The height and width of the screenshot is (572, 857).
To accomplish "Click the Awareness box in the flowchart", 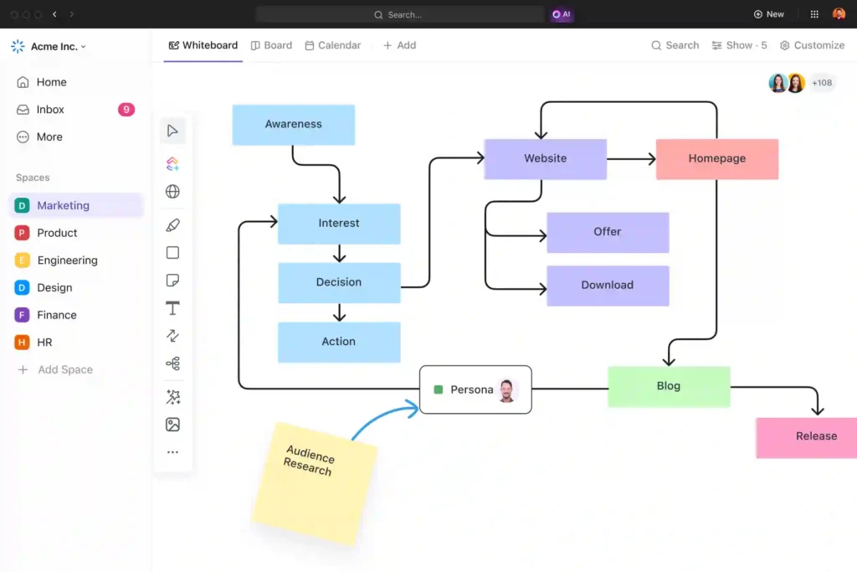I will point(293,124).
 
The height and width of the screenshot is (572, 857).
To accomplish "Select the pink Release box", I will point(806,436).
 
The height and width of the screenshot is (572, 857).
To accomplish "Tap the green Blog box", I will point(669,386).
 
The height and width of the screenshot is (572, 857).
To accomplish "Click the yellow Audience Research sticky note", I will point(314,481).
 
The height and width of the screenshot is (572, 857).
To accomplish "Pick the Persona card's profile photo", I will point(506,389).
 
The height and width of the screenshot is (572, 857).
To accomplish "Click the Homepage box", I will point(716,158).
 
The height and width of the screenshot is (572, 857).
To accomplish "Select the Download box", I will point(608,285).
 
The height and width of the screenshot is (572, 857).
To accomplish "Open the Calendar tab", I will point(333,45).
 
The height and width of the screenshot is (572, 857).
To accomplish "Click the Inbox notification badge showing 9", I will point(126,110).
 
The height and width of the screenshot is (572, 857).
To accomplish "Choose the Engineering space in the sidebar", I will point(67,260).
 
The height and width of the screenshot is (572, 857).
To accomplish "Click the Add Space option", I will point(64,369).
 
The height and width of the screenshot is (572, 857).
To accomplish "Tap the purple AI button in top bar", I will point(562,14).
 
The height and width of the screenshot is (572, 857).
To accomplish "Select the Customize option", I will point(812,45).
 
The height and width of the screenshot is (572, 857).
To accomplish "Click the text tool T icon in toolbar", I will point(172,308).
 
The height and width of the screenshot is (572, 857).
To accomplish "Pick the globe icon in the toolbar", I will point(172,192).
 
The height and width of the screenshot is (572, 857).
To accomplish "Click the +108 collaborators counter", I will point(822,83).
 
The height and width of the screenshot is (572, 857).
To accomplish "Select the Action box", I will point(339,342).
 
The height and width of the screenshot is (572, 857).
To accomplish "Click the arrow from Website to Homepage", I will point(631,158).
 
